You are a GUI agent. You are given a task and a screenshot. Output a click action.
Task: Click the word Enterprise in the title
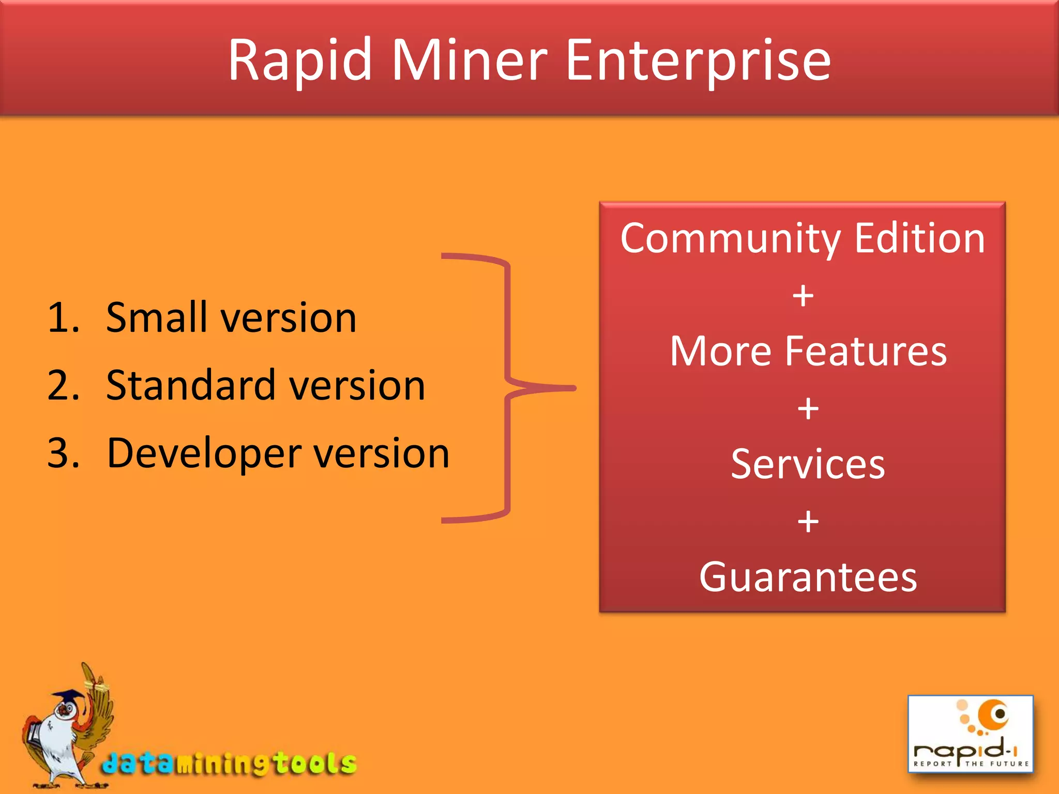click(698, 61)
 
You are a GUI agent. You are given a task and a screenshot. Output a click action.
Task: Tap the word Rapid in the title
click(300, 61)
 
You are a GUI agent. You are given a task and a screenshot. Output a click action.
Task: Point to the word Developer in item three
click(204, 453)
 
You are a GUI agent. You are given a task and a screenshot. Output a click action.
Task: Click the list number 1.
click(62, 317)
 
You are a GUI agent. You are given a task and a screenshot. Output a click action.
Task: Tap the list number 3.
click(63, 453)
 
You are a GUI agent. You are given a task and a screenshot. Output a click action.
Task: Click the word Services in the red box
click(808, 464)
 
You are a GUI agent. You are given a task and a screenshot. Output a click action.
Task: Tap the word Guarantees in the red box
click(808, 577)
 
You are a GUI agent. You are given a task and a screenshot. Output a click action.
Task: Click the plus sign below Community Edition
click(803, 296)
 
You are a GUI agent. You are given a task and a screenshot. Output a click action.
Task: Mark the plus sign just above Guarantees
click(808, 521)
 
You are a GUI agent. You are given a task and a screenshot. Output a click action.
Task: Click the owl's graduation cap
click(67, 697)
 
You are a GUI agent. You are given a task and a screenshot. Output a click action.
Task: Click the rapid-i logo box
click(971, 734)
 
